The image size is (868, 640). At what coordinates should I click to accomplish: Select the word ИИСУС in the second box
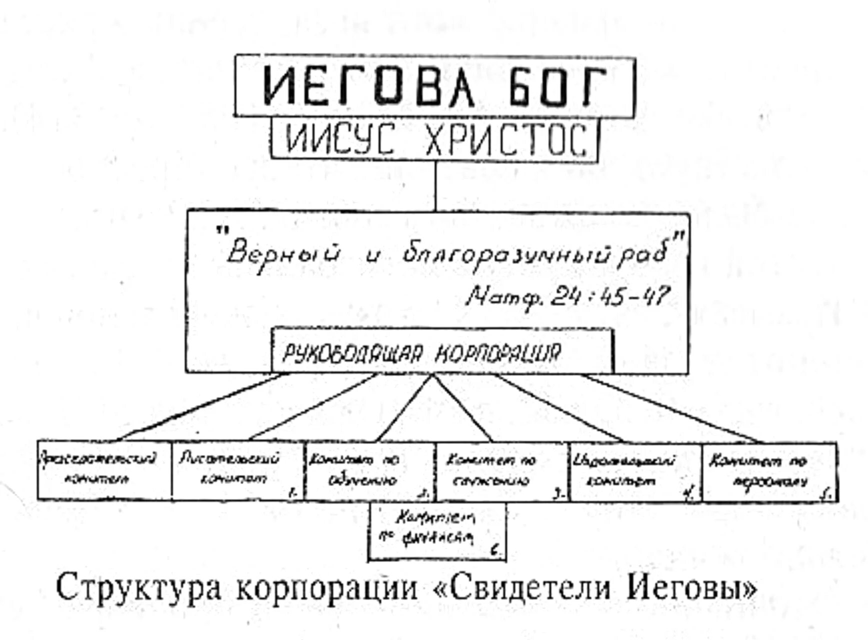coord(340,139)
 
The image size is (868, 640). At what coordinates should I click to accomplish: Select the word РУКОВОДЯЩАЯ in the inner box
coord(353,354)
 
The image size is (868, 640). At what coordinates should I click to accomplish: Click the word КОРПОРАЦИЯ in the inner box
coord(498,354)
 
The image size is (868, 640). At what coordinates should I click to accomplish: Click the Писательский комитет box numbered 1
coord(238,470)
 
